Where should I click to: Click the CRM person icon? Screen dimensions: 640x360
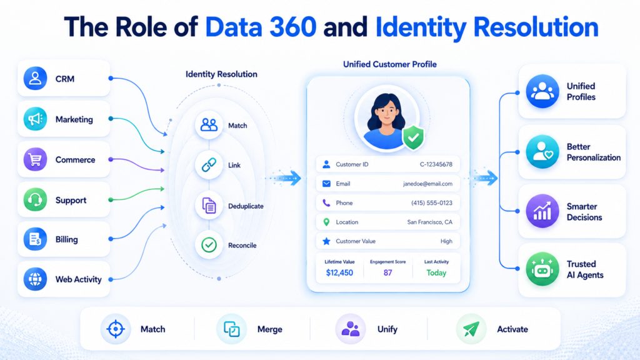click(x=35, y=78)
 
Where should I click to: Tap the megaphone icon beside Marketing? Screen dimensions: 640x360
click(x=35, y=119)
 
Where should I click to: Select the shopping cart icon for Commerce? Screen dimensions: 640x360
click(x=35, y=159)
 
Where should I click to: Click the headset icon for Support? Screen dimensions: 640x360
click(x=35, y=199)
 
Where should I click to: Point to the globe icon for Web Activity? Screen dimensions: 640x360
click(x=35, y=279)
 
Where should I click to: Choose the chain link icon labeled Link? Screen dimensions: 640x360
click(x=209, y=165)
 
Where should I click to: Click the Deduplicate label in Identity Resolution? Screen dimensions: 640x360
click(x=246, y=206)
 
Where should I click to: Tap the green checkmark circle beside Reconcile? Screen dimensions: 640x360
click(x=209, y=245)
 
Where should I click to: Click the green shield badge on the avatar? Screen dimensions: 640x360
click(x=414, y=137)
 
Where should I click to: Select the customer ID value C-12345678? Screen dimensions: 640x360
click(x=436, y=164)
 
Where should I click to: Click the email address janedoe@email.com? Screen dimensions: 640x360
click(x=427, y=184)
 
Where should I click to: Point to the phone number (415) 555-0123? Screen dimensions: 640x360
click(x=432, y=203)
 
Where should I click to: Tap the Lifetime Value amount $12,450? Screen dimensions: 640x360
click(x=339, y=272)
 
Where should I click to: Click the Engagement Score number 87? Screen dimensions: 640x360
click(x=387, y=272)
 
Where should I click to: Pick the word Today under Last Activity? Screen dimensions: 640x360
click(x=436, y=272)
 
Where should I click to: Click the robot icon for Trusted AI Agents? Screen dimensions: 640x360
click(x=542, y=269)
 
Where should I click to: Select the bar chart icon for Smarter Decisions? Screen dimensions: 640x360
click(x=542, y=211)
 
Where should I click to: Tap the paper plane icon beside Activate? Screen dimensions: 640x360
click(x=471, y=329)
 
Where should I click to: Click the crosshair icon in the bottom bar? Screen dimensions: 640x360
click(x=116, y=329)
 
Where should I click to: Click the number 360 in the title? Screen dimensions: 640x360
click(x=292, y=27)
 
